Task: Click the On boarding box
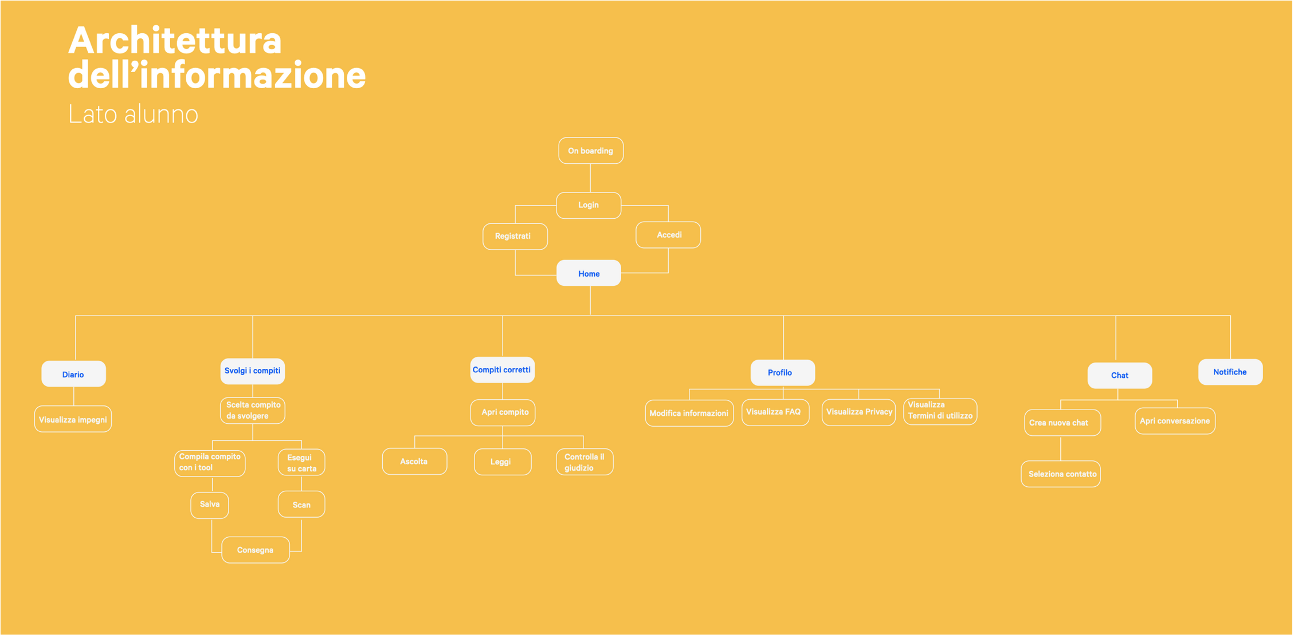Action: pos(591,151)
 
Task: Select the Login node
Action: pos(589,205)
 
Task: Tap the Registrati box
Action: pos(515,236)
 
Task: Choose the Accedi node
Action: pos(668,235)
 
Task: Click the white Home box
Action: pos(589,273)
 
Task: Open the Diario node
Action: pos(73,374)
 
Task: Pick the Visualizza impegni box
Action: pos(73,419)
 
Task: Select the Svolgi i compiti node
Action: pos(253,371)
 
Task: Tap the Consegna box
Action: pos(256,550)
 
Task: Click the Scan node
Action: pos(301,505)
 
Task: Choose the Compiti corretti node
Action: pos(503,370)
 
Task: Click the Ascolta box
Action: pos(415,462)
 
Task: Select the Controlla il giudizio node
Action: pos(585,462)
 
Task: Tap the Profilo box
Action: pos(783,373)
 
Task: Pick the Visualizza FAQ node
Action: pos(775,412)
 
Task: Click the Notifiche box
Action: pos(1230,372)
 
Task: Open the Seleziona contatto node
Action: pos(1061,474)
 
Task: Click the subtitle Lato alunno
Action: pos(134,114)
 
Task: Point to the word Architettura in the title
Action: pos(175,41)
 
